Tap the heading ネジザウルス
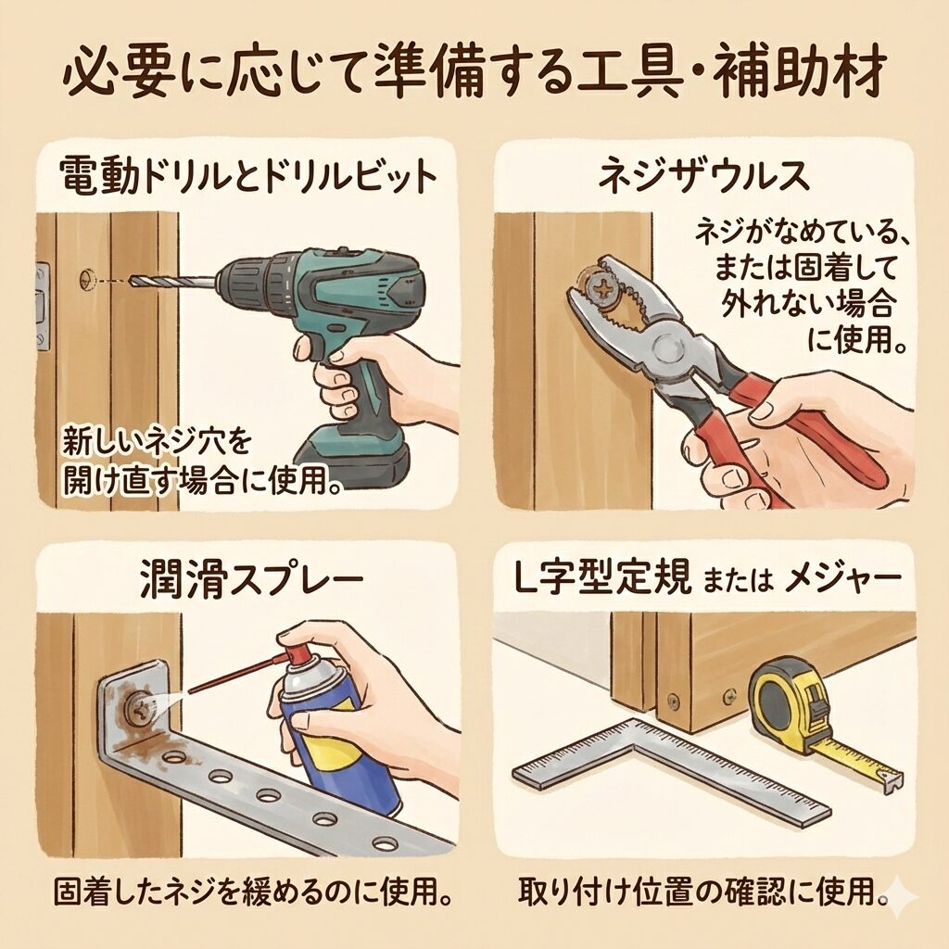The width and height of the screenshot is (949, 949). pyautogui.click(x=704, y=175)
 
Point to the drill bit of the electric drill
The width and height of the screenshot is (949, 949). pyautogui.click(x=172, y=282)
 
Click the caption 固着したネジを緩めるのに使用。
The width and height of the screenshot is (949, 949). pyautogui.click(x=253, y=892)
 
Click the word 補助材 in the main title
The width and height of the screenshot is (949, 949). pyautogui.click(x=799, y=75)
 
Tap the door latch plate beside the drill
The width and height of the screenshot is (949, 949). pyautogui.click(x=43, y=307)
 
